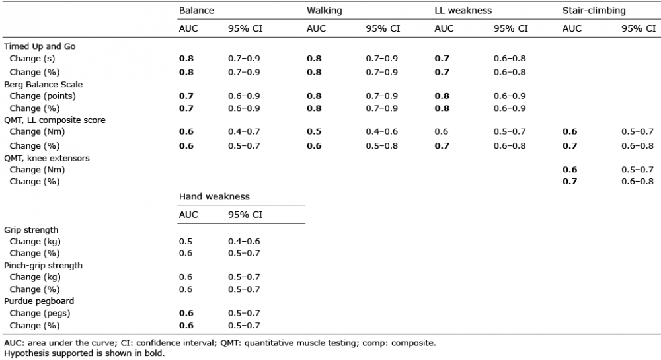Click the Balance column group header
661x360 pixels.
(x=196, y=11)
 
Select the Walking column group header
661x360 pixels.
(x=324, y=11)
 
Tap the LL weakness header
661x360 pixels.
(x=463, y=11)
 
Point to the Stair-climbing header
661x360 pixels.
(x=594, y=11)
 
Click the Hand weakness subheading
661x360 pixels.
(x=214, y=197)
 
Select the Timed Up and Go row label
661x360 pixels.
(x=40, y=46)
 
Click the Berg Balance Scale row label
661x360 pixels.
(x=43, y=84)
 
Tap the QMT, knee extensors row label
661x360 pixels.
(x=47, y=159)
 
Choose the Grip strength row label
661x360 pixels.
(x=31, y=230)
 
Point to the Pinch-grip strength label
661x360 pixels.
(x=43, y=266)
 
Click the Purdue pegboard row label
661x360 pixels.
(x=39, y=301)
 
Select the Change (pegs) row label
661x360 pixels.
(x=40, y=313)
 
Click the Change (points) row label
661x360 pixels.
(x=42, y=96)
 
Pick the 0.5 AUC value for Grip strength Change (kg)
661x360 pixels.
(x=186, y=242)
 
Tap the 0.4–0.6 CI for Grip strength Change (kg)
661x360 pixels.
(x=244, y=242)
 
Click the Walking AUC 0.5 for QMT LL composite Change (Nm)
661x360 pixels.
(x=314, y=132)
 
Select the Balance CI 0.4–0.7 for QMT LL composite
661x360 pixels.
(x=244, y=132)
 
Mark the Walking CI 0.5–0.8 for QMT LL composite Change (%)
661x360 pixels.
(x=382, y=146)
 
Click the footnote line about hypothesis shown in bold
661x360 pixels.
(x=85, y=353)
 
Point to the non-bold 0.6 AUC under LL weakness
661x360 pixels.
(x=442, y=132)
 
